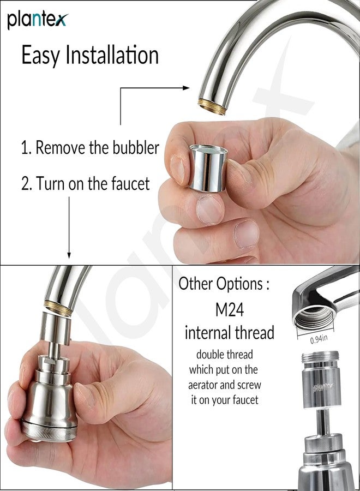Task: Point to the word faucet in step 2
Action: click(130, 183)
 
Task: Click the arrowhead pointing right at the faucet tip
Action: click(186, 88)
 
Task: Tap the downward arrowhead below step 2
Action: click(69, 255)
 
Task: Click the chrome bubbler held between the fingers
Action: click(208, 167)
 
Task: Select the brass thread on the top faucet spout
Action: click(212, 106)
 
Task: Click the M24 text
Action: click(230, 309)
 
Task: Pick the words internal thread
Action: click(230, 332)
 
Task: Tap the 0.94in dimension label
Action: click(319, 339)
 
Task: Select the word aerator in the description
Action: click(202, 385)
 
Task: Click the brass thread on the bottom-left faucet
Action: click(58, 308)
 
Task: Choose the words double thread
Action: click(224, 355)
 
